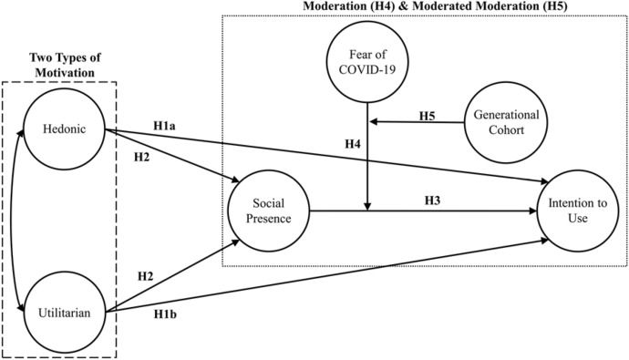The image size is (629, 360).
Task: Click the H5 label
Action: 428,115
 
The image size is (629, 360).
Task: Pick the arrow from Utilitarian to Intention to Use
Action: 328,278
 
